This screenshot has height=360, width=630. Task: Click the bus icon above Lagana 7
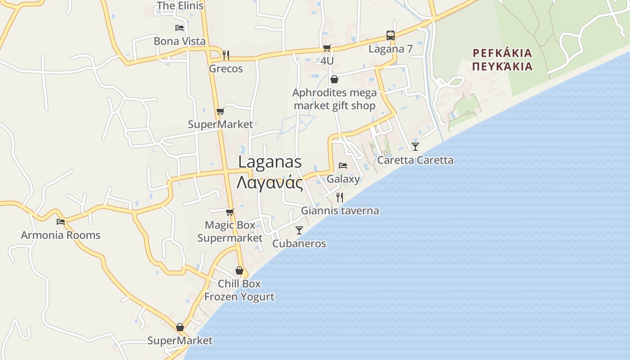click(391, 35)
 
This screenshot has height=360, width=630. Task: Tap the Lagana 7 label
click(390, 49)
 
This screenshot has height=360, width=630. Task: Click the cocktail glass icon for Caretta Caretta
click(415, 146)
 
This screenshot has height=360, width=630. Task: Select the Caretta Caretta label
click(415, 160)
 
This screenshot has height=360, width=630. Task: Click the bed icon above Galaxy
click(343, 166)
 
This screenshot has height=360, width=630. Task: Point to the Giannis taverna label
click(340, 211)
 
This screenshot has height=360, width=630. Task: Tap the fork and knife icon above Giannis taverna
click(340, 197)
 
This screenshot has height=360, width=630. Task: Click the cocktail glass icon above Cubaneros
click(299, 230)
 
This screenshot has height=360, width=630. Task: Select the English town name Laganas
click(270, 162)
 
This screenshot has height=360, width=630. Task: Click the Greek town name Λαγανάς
click(270, 183)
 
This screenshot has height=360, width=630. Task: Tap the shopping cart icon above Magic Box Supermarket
click(230, 211)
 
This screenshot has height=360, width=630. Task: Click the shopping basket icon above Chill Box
click(239, 270)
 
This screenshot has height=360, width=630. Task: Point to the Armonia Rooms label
click(61, 235)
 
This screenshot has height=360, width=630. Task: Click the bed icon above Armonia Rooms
click(61, 221)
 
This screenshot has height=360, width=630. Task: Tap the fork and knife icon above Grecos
click(226, 55)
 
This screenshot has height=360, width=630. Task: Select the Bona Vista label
click(180, 41)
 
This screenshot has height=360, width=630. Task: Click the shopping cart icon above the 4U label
click(327, 48)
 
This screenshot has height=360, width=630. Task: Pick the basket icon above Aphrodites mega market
click(334, 80)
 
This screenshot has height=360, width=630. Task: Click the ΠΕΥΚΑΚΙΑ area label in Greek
click(502, 67)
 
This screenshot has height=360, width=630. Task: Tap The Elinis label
click(180, 6)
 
